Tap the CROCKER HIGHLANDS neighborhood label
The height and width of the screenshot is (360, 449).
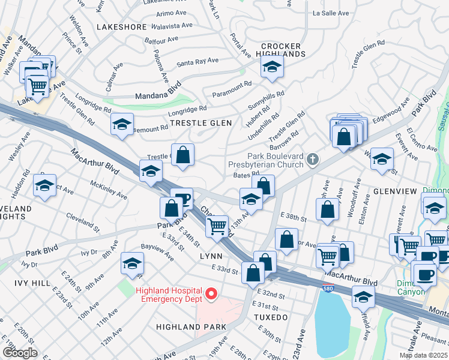[283, 50]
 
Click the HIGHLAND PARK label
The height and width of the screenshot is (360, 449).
[191, 327]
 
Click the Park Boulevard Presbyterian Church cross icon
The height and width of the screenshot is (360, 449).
[312, 160]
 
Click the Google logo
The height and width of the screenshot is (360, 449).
[20, 352]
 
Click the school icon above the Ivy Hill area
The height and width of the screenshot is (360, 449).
[132, 263]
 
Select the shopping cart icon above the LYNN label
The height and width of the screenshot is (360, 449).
[217, 226]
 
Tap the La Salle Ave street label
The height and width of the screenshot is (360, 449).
[331, 13]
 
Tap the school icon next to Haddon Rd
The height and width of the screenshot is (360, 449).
[44, 187]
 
